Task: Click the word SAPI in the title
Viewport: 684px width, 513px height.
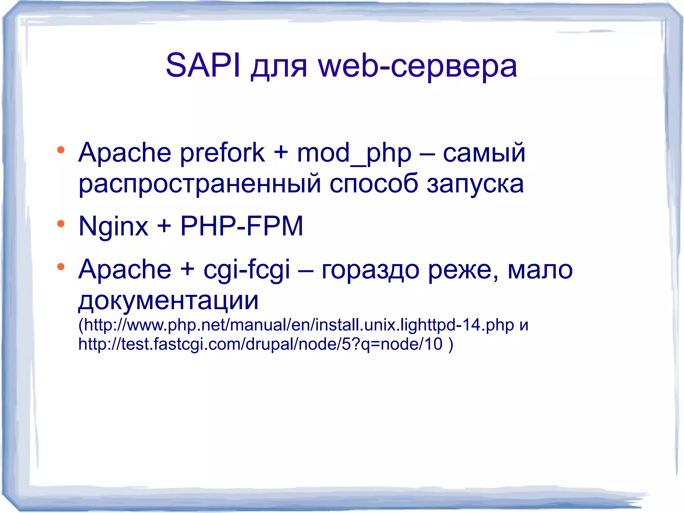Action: pyautogui.click(x=203, y=66)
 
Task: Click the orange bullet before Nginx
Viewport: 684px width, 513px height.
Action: pyautogui.click(x=60, y=224)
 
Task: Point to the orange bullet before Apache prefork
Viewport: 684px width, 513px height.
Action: pyautogui.click(x=60, y=150)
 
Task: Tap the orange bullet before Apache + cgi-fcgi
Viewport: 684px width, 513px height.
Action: pyautogui.click(x=60, y=267)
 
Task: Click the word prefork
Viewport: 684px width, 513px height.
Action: pyautogui.click(x=222, y=153)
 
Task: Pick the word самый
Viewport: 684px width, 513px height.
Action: pyautogui.click(x=484, y=153)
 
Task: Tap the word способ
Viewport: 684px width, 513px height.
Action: pyautogui.click(x=373, y=184)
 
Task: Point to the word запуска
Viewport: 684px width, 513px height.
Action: pyautogui.click(x=475, y=184)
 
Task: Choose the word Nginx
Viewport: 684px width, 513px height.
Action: pyautogui.click(x=113, y=227)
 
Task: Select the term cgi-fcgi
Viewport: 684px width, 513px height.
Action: pyautogui.click(x=247, y=270)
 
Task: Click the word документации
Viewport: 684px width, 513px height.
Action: pyautogui.click(x=168, y=300)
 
